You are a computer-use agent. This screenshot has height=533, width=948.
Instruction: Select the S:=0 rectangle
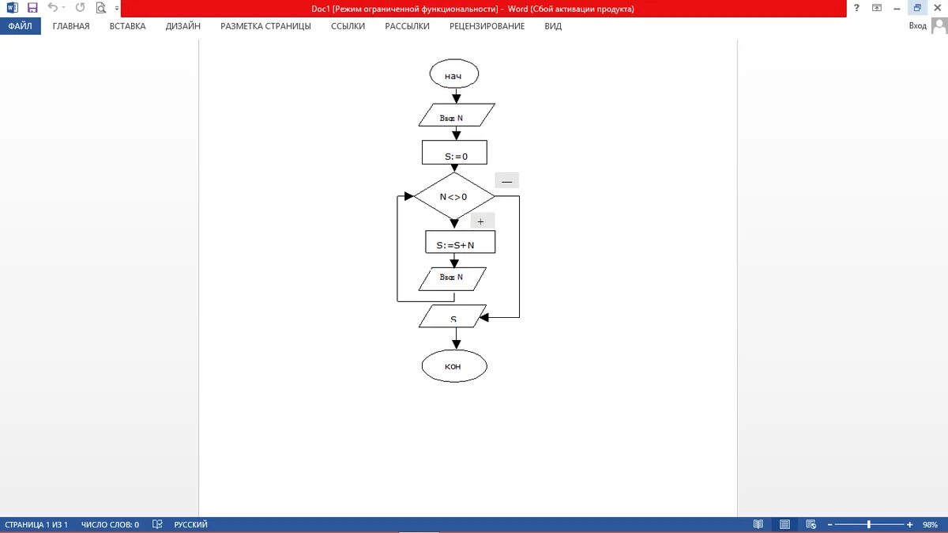[454, 152]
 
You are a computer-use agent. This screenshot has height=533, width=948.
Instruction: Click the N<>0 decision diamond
[453, 196]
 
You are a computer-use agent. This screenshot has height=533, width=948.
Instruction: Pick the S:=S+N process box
[460, 242]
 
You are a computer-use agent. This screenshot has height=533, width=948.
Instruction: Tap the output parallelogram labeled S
[453, 316]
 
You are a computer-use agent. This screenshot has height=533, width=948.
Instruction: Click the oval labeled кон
[453, 366]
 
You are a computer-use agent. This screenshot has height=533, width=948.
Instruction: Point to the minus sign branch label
[506, 181]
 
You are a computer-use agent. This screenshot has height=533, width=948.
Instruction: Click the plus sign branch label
[481, 221]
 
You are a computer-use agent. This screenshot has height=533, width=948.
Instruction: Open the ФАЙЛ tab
[20, 26]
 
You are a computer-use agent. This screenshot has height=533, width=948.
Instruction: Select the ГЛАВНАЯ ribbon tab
[71, 26]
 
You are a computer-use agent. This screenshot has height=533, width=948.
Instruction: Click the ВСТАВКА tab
[127, 26]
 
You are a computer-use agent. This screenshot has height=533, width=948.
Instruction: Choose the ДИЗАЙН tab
[182, 26]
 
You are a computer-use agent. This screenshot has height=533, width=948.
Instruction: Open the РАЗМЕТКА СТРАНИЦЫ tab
[265, 26]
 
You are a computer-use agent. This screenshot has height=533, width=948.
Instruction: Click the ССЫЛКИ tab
[348, 26]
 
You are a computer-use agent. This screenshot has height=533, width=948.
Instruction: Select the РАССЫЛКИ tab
[407, 26]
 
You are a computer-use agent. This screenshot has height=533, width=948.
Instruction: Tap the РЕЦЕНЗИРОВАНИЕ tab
[487, 26]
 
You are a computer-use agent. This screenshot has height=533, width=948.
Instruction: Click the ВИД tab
[553, 26]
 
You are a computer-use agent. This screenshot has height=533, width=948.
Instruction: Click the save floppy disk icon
[32, 8]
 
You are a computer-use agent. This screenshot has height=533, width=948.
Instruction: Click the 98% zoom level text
[929, 524]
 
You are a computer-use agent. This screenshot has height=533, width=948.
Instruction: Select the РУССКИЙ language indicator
[190, 524]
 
